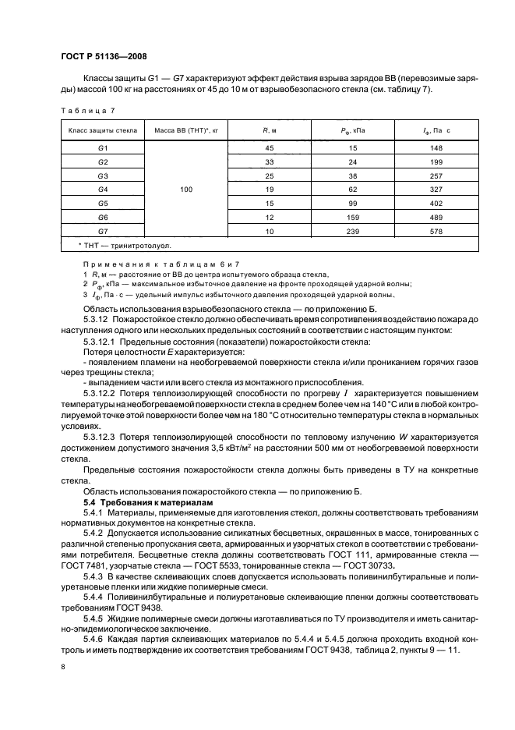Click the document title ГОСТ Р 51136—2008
(104, 56)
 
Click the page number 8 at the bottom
(62, 667)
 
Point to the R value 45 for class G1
(270, 147)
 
